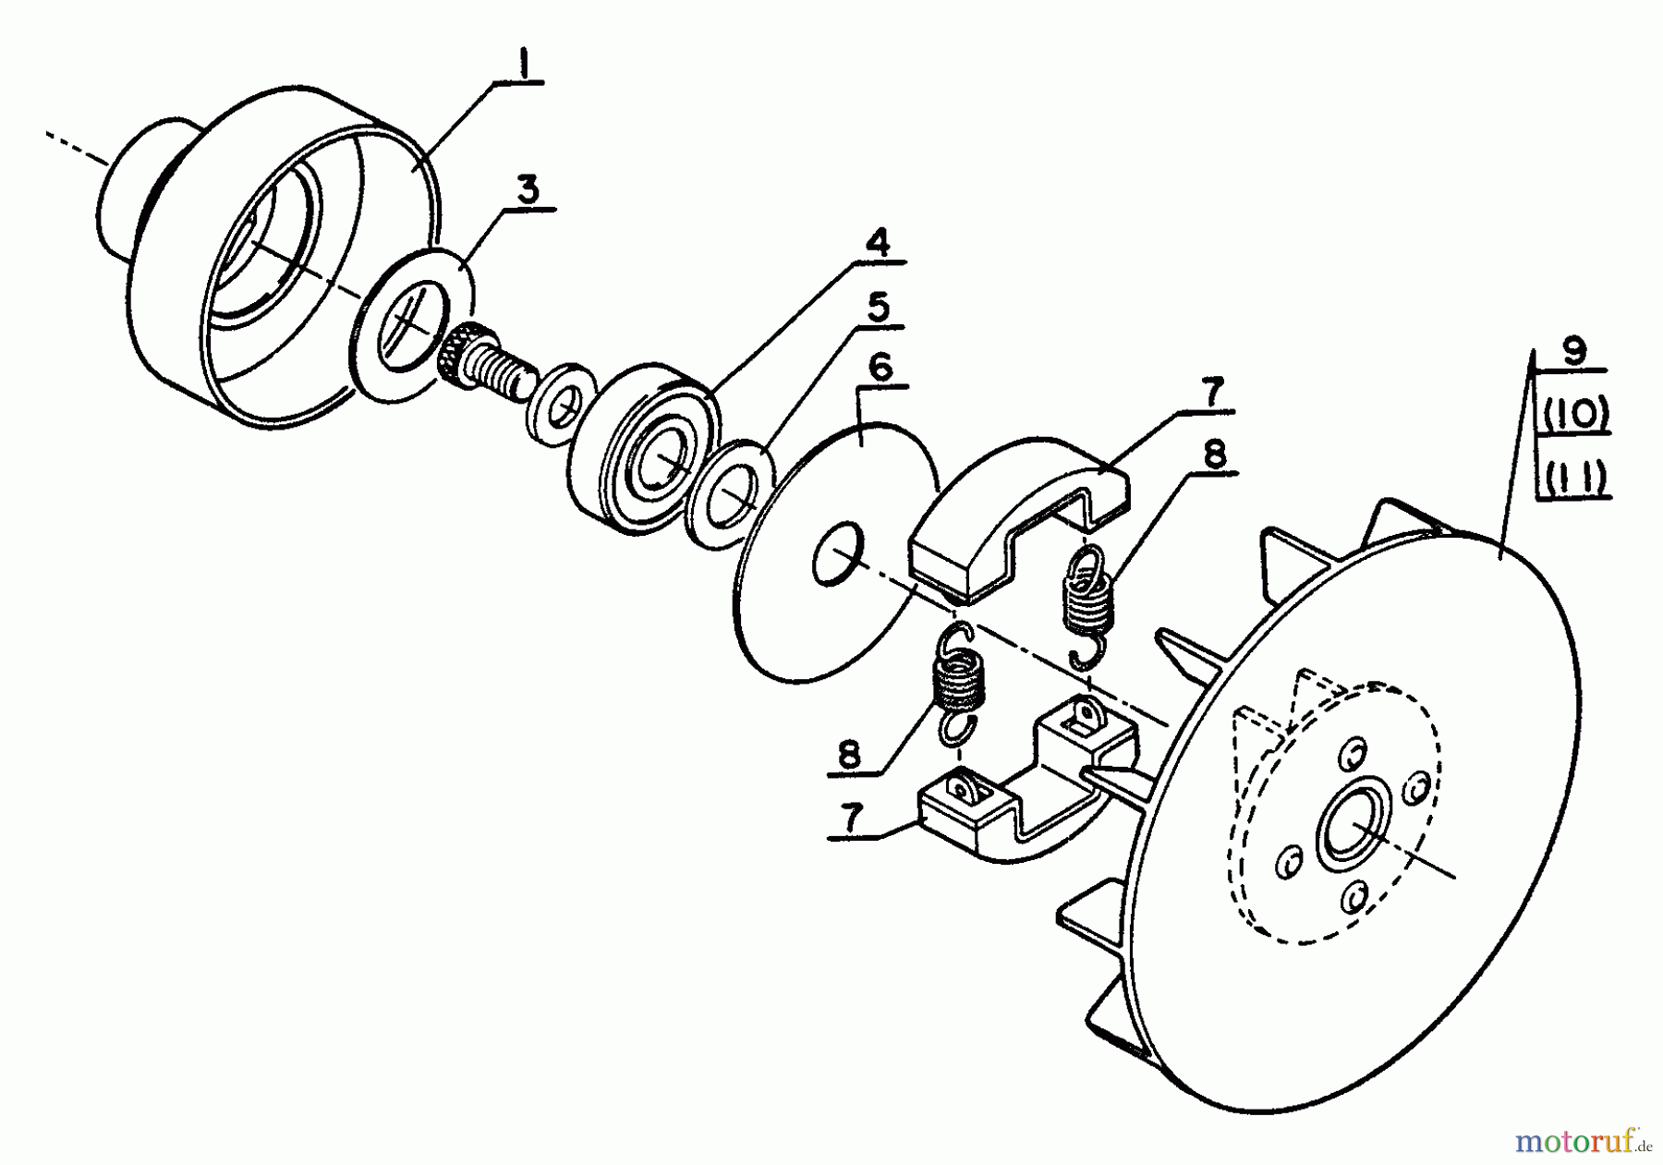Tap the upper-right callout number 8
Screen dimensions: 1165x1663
coord(1214,454)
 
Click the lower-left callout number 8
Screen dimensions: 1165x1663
coord(849,754)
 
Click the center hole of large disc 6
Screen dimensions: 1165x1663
coord(838,555)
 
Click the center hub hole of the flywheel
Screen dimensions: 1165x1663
coord(1356,821)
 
